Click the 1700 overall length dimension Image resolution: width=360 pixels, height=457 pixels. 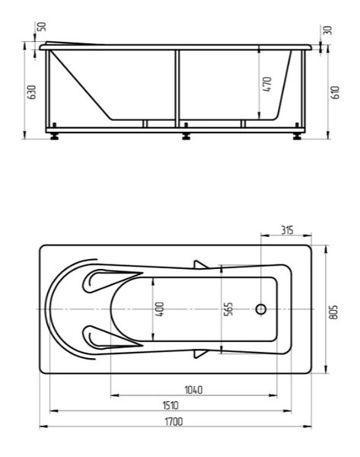174,421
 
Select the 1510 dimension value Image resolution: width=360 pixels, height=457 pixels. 170,405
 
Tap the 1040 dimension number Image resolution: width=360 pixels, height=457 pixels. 193,390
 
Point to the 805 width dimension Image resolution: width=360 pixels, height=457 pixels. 334,312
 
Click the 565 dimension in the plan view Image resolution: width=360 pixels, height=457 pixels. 228,309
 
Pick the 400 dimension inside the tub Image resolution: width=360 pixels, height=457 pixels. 160,309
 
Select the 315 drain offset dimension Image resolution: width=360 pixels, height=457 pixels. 287,230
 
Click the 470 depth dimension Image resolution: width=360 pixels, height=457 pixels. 267,85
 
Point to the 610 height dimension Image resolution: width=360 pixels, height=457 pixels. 336,92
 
